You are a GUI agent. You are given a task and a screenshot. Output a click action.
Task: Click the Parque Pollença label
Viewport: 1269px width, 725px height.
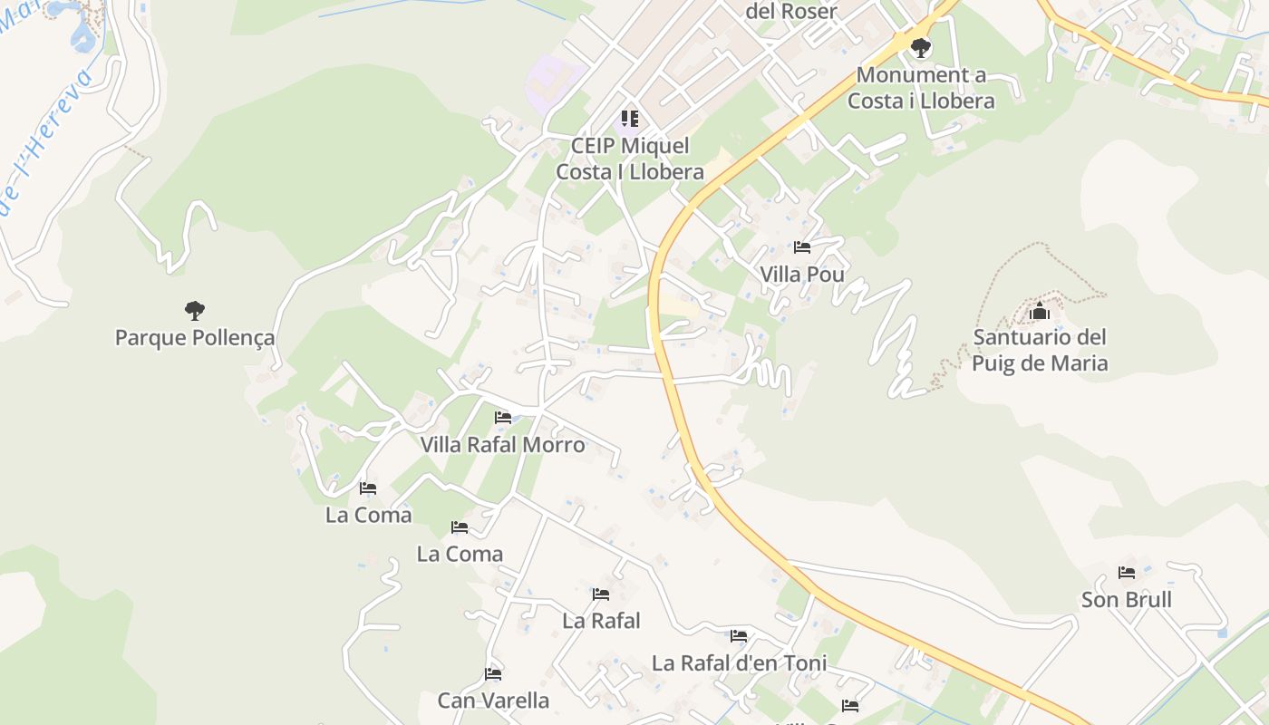pyautogui.click(x=194, y=338)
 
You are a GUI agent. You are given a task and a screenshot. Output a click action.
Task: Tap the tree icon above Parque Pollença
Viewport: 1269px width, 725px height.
pyautogui.click(x=194, y=311)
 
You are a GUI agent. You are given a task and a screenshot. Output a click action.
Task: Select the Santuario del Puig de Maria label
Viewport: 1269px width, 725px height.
pyautogui.click(x=1040, y=350)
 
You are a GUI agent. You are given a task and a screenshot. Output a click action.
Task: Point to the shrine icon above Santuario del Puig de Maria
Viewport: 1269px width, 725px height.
pyautogui.click(x=1039, y=312)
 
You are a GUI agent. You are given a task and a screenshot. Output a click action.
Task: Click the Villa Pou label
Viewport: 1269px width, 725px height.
pyautogui.click(x=802, y=274)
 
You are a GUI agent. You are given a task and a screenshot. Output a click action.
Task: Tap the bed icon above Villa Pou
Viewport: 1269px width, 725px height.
pyautogui.click(x=802, y=246)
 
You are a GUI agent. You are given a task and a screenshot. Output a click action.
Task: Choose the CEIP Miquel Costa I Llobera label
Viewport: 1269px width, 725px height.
pyautogui.click(x=630, y=159)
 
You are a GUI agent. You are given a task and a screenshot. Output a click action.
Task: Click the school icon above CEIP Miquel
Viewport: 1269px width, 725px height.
pyautogui.click(x=630, y=119)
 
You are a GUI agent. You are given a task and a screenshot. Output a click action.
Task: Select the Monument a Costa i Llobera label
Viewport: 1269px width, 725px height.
pyautogui.click(x=921, y=88)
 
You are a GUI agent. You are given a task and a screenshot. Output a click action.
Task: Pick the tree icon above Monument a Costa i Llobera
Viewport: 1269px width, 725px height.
pyautogui.click(x=921, y=47)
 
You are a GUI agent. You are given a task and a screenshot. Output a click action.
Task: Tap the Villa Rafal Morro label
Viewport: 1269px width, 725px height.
pyautogui.click(x=502, y=445)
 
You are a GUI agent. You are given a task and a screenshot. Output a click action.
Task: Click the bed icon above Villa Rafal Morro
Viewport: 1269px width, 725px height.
pyautogui.click(x=503, y=418)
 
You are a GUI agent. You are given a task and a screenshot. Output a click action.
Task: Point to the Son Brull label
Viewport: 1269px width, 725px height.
pyautogui.click(x=1127, y=600)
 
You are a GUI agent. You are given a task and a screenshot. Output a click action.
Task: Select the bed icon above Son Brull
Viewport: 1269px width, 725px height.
pyautogui.click(x=1127, y=573)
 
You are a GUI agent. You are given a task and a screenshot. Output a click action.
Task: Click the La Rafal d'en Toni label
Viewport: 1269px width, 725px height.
pyautogui.click(x=739, y=663)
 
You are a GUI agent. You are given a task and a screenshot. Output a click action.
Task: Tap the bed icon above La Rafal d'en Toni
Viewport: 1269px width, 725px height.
pyautogui.click(x=739, y=636)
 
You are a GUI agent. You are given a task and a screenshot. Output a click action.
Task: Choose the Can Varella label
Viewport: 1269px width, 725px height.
pyautogui.click(x=493, y=701)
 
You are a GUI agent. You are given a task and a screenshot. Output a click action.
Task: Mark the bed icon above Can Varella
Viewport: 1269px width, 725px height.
pyautogui.click(x=493, y=674)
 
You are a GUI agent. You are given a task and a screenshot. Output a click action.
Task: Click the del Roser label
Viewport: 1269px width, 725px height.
pyautogui.click(x=790, y=11)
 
